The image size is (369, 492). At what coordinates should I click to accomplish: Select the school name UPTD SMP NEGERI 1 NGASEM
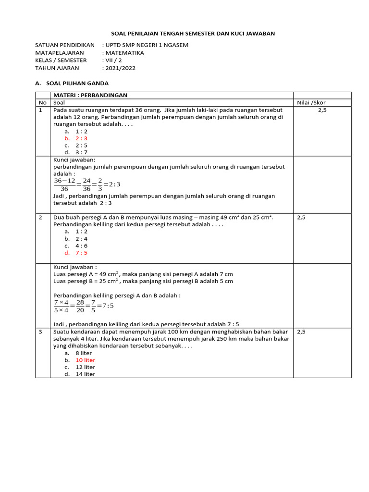[x=147, y=45]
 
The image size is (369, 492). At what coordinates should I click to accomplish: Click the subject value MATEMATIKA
[x=124, y=53]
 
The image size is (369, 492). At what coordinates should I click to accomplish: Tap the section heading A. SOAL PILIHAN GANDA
[x=72, y=83]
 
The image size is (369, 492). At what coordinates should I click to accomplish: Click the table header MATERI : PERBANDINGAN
[x=90, y=95]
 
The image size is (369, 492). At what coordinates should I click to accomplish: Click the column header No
[x=42, y=102]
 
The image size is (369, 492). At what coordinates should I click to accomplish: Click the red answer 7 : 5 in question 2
[x=81, y=253]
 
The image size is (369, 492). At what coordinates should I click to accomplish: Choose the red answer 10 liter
[x=85, y=360]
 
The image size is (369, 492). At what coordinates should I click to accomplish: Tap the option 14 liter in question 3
[x=85, y=374]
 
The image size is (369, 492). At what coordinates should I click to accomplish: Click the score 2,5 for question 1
[x=322, y=110]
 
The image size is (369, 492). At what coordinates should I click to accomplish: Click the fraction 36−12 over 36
[x=64, y=184]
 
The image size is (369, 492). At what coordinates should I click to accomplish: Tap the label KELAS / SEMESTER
[x=61, y=61]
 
